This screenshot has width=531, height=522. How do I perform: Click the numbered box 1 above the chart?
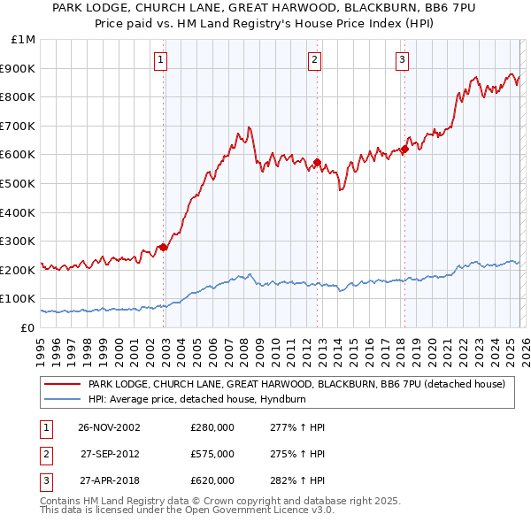[160, 60]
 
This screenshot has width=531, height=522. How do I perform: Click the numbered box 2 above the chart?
[314, 60]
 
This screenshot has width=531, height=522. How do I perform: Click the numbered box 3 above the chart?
[402, 60]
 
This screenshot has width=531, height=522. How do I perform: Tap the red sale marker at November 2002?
[164, 247]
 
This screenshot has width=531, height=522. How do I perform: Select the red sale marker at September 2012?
[318, 162]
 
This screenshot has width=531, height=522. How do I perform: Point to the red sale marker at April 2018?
[404, 149]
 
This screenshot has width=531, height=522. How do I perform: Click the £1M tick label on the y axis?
[24, 40]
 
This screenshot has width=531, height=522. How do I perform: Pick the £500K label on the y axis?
[19, 184]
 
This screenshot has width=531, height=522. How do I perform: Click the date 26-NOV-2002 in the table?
[110, 427]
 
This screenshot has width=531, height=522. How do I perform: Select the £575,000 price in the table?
[212, 454]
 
